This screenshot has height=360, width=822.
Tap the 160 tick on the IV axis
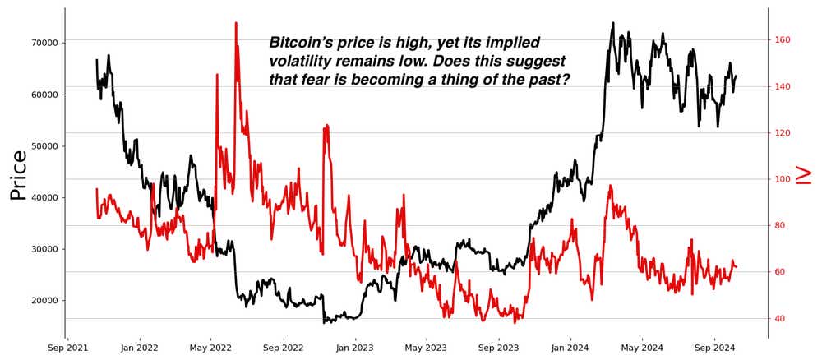click(x=782, y=40)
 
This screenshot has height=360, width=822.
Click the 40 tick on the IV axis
click(x=779, y=319)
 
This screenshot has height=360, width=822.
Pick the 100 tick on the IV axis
click(x=782, y=179)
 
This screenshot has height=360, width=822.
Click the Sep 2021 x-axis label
click(x=67, y=348)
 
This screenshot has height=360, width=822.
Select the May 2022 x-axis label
click(x=211, y=348)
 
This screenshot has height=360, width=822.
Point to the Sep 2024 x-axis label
click(x=714, y=348)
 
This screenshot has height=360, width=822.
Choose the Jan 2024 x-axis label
click(x=570, y=348)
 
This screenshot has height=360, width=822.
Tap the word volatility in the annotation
click(x=305, y=62)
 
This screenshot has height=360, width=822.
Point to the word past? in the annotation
click(x=546, y=80)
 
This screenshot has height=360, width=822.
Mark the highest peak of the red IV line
click(x=236, y=23)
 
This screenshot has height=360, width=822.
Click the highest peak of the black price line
click(x=612, y=23)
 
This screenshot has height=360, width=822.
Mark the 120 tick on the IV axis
click(x=782, y=133)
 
